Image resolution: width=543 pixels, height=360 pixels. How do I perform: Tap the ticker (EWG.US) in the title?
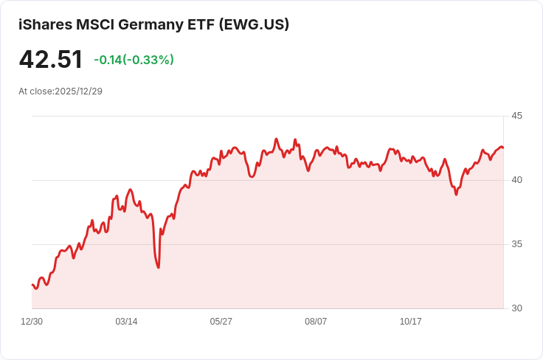[254, 24]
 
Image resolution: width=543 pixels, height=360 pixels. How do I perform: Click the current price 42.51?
[51, 60]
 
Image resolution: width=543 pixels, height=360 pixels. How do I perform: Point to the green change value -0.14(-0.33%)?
[134, 60]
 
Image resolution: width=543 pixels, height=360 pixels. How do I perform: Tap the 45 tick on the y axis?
[516, 116]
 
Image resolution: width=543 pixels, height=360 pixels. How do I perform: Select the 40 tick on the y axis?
[516, 180]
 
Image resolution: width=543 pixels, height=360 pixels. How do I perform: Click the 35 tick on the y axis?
[516, 244]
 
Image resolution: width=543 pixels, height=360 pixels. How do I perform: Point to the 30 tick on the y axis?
[516, 308]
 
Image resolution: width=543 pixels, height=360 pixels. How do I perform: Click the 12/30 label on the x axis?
[32, 322]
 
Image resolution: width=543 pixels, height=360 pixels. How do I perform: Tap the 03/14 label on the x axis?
[126, 322]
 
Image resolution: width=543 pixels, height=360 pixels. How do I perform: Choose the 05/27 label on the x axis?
[221, 322]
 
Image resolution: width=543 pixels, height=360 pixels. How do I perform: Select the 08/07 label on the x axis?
[316, 322]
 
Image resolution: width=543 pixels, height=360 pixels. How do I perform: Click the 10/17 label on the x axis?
[410, 322]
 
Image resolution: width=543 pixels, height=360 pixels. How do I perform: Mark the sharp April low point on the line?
[159, 267]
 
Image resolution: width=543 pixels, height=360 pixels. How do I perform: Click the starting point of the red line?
[32, 284]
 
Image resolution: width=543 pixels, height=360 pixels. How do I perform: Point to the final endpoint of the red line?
[503, 148]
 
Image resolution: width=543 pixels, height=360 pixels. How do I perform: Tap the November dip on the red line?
[456, 194]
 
